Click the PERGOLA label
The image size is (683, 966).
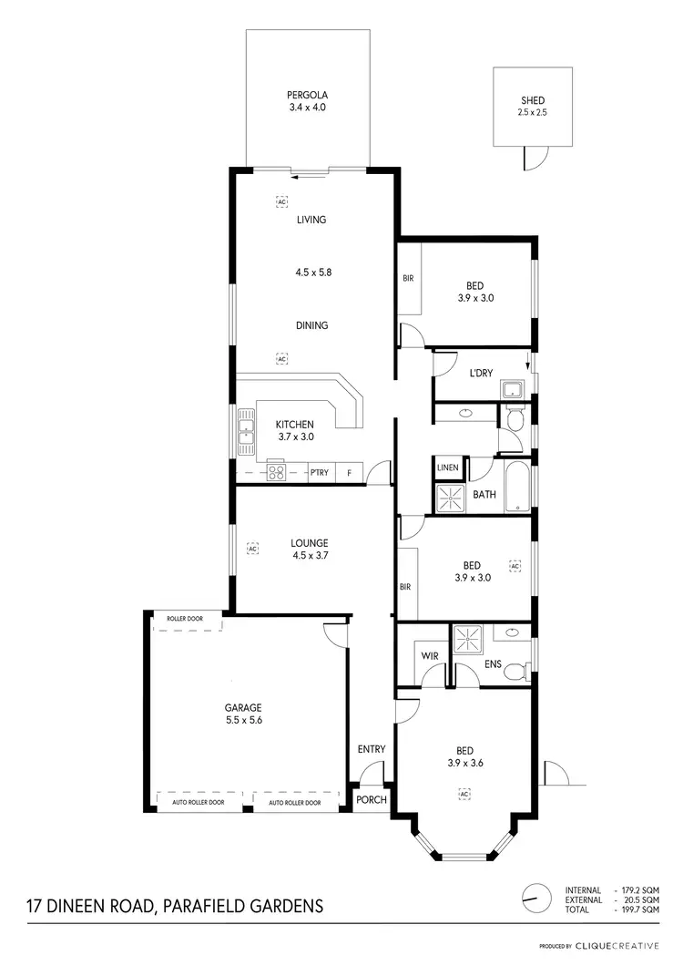[x=307, y=94]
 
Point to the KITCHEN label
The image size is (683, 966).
[x=295, y=424]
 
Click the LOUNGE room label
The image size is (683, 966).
[x=285, y=543]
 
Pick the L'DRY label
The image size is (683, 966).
[x=481, y=374]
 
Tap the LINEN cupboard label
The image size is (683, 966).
[x=448, y=468]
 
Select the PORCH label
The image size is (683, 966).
[x=372, y=800]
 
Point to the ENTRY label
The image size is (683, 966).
[x=372, y=749]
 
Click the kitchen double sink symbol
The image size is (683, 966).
[x=246, y=432]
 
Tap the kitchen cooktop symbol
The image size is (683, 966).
[x=276, y=472]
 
